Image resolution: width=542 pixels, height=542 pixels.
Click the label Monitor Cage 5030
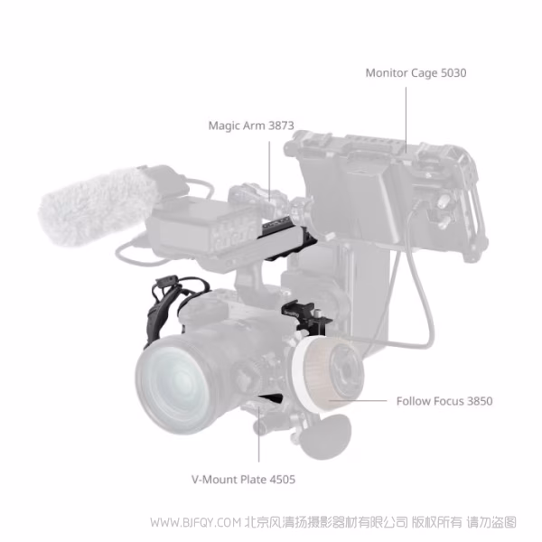coord(416,72)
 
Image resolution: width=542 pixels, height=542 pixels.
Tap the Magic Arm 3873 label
coord(251,126)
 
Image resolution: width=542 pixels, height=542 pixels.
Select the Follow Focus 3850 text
coord(444,400)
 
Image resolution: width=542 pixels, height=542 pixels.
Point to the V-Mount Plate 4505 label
coord(243,479)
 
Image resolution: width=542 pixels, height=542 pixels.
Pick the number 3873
coord(279,126)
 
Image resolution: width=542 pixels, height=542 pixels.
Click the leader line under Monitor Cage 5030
coord(406,113)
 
